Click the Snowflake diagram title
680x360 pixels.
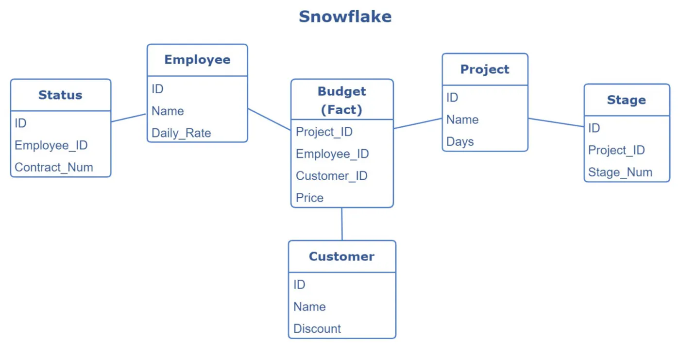(x=345, y=17)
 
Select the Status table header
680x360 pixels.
(x=60, y=95)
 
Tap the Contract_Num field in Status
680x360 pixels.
(x=53, y=167)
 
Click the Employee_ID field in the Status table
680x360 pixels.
(x=51, y=145)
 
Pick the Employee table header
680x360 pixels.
(x=197, y=60)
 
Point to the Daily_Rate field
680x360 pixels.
(x=181, y=133)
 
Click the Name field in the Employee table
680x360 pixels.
(x=168, y=111)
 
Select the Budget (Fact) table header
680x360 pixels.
(x=342, y=100)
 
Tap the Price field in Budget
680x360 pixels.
(x=309, y=198)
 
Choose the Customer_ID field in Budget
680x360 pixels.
(x=331, y=176)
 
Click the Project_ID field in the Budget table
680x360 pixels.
(x=324, y=132)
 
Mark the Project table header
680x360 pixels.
(x=485, y=69)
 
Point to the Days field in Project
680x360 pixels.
(x=460, y=141)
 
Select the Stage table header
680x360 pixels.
(x=626, y=100)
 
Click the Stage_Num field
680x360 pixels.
(x=620, y=172)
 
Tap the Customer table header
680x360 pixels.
(x=341, y=257)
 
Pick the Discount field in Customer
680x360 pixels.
(x=317, y=328)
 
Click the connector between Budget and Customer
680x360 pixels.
(x=342, y=224)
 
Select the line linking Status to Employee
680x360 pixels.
(x=129, y=118)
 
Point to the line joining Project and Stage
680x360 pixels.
(x=556, y=122)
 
